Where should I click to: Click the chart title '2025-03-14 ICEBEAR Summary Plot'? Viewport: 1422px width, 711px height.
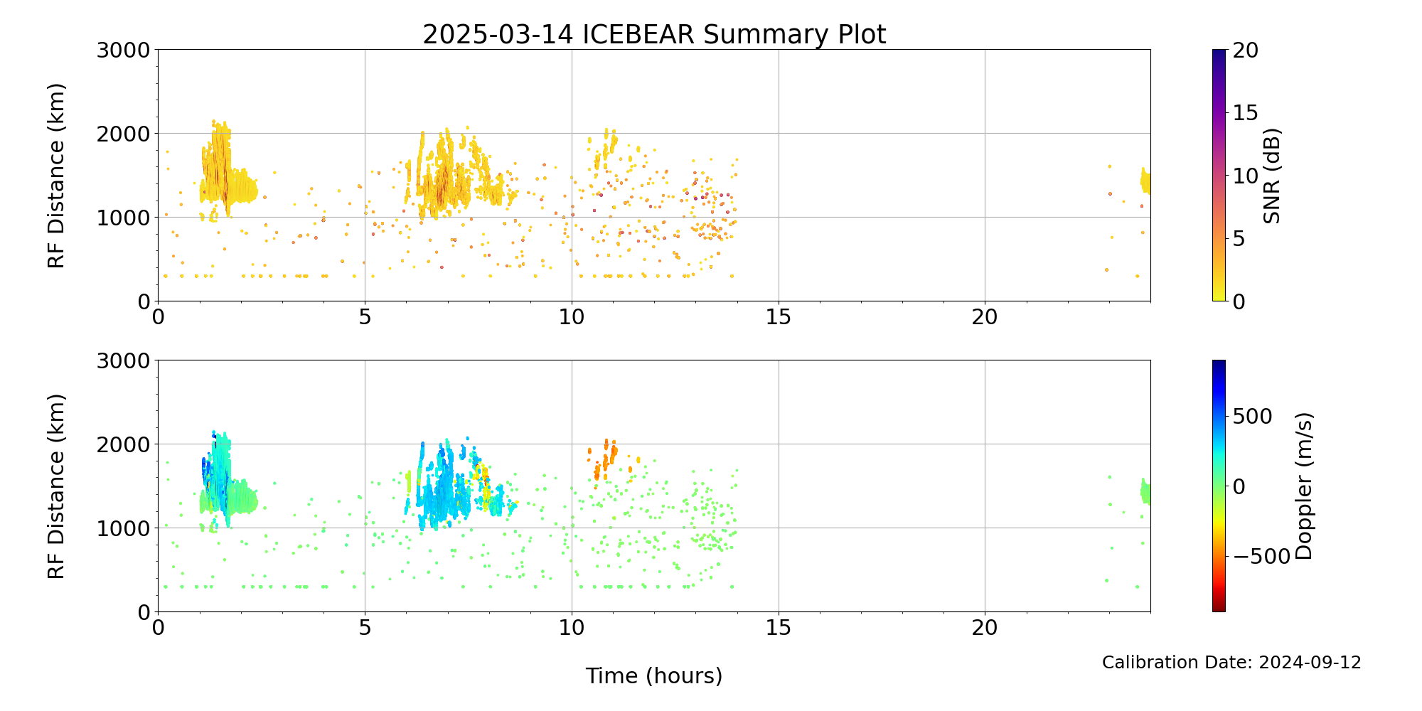pyautogui.click(x=654, y=34)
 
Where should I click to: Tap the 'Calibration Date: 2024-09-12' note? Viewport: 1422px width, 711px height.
pyautogui.click(x=1231, y=663)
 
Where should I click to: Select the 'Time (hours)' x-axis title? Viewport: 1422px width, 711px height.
pyautogui.click(x=654, y=675)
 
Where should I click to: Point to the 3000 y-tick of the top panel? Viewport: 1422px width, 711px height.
pyautogui.click(x=124, y=50)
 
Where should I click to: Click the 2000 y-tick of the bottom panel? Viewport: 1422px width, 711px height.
pyautogui.click(x=124, y=444)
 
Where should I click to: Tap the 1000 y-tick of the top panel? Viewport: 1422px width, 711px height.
pyautogui.click(x=124, y=218)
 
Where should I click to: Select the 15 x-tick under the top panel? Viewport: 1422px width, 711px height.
pyautogui.click(x=779, y=316)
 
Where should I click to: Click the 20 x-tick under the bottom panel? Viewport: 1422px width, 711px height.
pyautogui.click(x=985, y=627)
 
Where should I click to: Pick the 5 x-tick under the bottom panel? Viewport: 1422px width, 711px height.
pyautogui.click(x=365, y=627)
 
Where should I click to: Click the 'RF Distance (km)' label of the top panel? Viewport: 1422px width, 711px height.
pyautogui.click(x=56, y=176)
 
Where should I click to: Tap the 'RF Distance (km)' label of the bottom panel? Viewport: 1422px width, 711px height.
pyautogui.click(x=56, y=486)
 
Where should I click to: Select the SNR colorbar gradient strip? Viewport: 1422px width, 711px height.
pyautogui.click(x=1219, y=176)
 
